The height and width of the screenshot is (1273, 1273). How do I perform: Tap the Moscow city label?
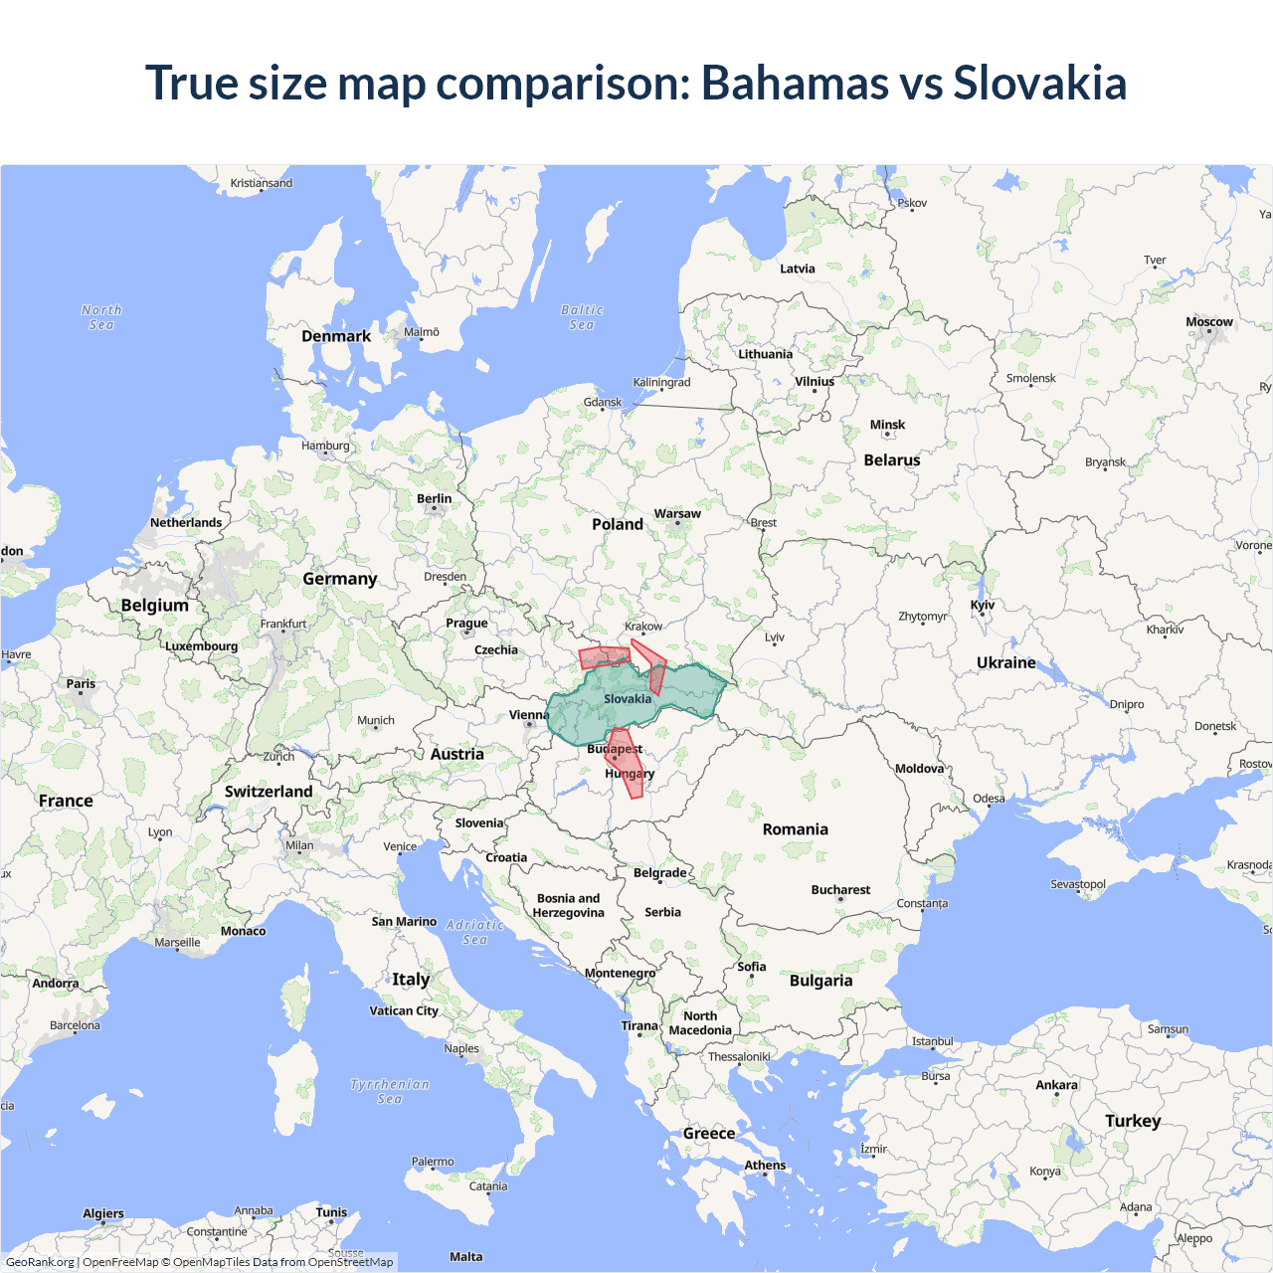1208,322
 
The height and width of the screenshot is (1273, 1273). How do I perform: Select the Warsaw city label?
677,514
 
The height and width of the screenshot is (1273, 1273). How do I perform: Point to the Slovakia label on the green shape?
628,699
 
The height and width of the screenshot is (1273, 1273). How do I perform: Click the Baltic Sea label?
582,317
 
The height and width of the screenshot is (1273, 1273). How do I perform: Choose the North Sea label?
101,317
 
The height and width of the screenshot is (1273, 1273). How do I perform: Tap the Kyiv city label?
983,605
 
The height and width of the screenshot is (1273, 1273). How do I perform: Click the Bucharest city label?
840,890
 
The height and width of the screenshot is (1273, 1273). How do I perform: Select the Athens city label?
765,1166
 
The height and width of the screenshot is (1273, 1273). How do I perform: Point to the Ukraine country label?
1005,662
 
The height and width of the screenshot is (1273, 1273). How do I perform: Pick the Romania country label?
795,829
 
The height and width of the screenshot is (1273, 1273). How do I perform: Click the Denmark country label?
336,336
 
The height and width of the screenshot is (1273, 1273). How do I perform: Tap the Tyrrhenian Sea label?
390,1091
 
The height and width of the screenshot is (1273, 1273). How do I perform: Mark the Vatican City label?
404,1011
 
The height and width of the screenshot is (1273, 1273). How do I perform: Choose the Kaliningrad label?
661,382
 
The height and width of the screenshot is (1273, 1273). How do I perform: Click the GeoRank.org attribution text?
40,1262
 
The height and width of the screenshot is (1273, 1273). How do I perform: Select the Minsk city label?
887,425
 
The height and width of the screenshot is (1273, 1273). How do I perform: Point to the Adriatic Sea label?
474,932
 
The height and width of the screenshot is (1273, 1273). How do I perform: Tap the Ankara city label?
1056,1085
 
